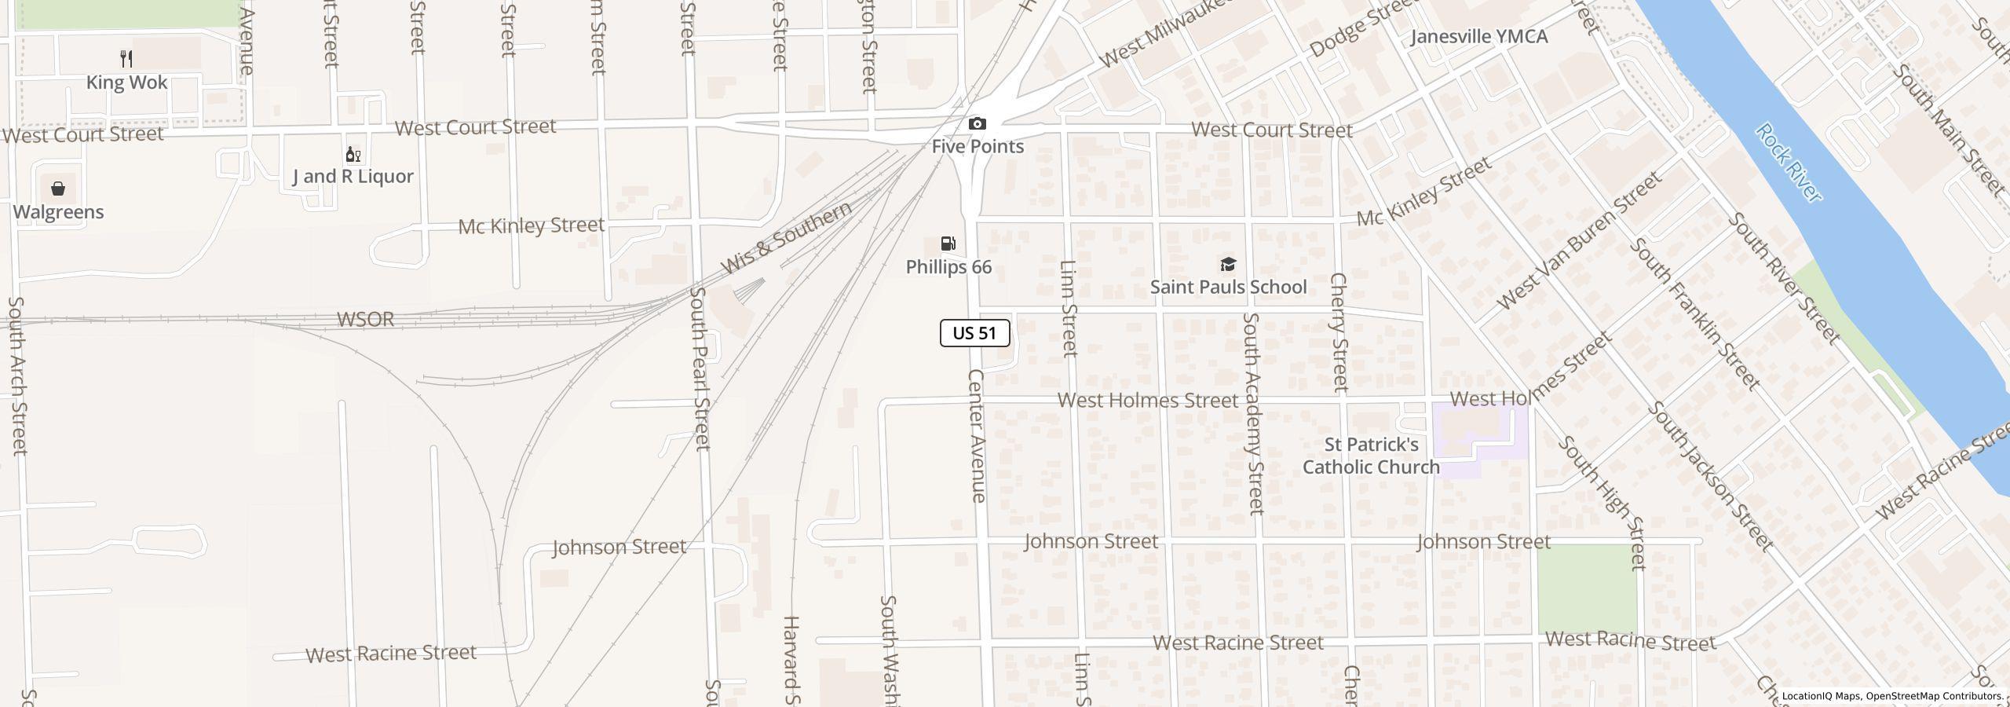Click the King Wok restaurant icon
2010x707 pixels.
coord(126,58)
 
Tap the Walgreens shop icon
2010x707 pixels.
coord(58,189)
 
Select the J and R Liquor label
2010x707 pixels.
coord(353,176)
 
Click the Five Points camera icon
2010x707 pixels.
coord(977,123)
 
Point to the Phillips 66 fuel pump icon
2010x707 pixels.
coord(948,244)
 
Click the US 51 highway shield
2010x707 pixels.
coord(974,333)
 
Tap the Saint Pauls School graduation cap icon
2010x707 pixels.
coord(1228,264)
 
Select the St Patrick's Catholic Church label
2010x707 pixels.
coord(1371,456)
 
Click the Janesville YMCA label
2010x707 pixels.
coord(1478,37)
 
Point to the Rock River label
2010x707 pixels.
coord(1788,163)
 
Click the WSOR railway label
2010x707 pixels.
coord(365,320)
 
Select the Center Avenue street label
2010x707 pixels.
coord(976,436)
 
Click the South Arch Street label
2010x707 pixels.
coord(17,375)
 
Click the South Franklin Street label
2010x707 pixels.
coord(1694,314)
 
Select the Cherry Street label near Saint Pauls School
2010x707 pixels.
coord(1339,332)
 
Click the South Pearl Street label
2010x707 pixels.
coord(700,368)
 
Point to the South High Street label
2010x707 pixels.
coord(1601,503)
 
